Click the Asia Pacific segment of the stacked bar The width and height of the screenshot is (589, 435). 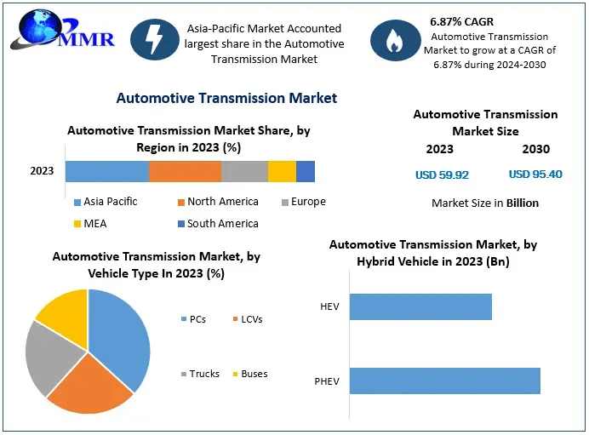[106, 171]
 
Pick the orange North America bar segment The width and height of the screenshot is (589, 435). [185, 171]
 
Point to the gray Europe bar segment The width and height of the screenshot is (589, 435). [244, 171]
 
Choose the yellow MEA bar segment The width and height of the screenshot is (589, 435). [282, 171]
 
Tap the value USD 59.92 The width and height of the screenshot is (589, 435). [442, 175]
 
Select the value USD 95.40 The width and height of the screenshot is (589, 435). [535, 175]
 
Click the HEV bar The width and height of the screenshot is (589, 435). [420, 306]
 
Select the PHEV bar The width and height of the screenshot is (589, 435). [444, 381]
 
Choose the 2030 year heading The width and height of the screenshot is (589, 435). [535, 149]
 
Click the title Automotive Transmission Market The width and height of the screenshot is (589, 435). [226, 98]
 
